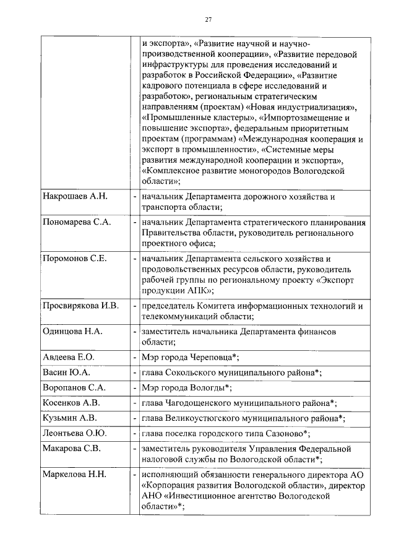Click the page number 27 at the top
(x=209, y=20)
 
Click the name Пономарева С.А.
(x=77, y=222)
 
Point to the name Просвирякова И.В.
(x=80, y=306)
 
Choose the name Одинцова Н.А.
(x=72, y=332)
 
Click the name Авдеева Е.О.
(x=68, y=358)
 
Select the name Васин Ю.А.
(x=66, y=373)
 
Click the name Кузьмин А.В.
(x=69, y=418)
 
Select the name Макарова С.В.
(x=72, y=449)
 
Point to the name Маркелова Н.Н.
(x=74, y=475)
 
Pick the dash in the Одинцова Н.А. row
(x=135, y=332)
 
